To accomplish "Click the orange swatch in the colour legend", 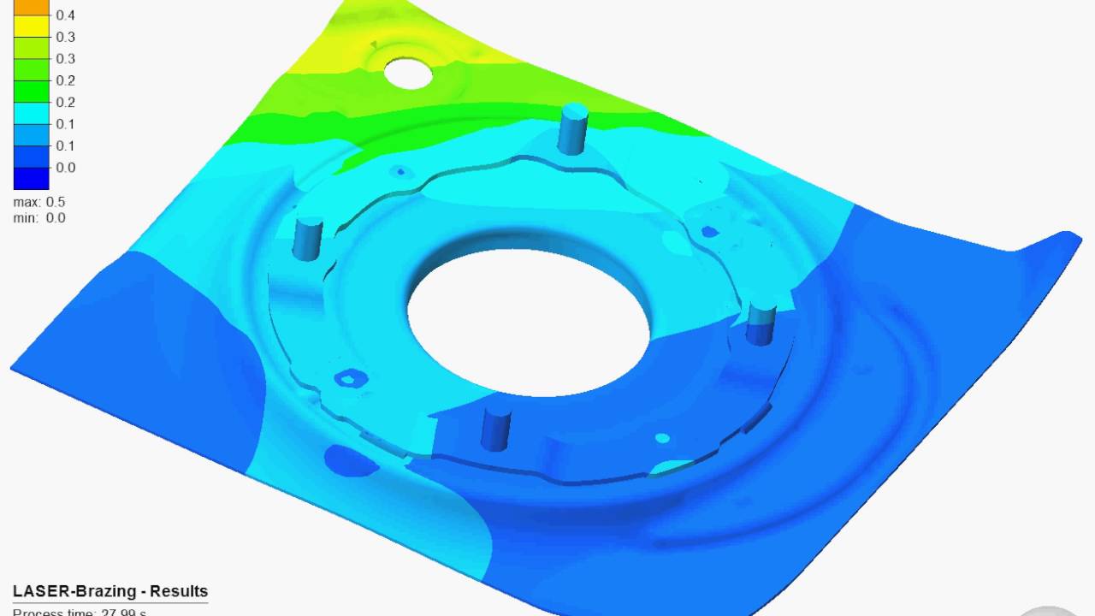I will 31,7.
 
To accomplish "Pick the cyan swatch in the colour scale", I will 31,113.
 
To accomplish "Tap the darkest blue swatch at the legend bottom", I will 31,178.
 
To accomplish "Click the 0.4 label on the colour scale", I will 66,15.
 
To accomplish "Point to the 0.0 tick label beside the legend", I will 66,168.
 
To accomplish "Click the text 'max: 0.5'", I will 39,202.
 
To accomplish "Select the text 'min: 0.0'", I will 39,218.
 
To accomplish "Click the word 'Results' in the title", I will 179,591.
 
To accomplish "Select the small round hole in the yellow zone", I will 408,74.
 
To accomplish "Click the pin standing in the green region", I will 573,128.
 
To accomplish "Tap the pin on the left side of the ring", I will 307,238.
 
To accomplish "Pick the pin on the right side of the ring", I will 761,322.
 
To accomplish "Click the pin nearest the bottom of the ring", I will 496,428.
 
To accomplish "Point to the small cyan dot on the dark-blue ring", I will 662,438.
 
